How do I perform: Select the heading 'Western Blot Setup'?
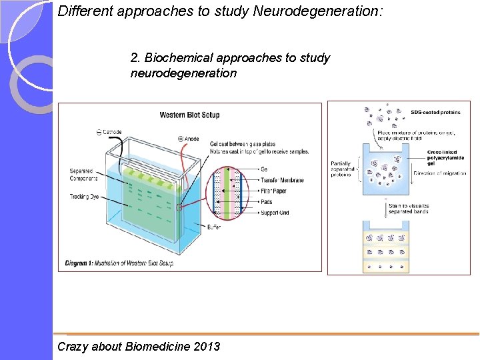point(189,115)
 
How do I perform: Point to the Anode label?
point(191,139)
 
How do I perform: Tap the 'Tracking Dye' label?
point(84,196)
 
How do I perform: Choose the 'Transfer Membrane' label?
point(282,180)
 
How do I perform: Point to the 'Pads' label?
point(267,201)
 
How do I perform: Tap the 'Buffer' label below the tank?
point(214,227)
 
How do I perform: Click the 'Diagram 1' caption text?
point(119,263)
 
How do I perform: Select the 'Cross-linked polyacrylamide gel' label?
point(443,157)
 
